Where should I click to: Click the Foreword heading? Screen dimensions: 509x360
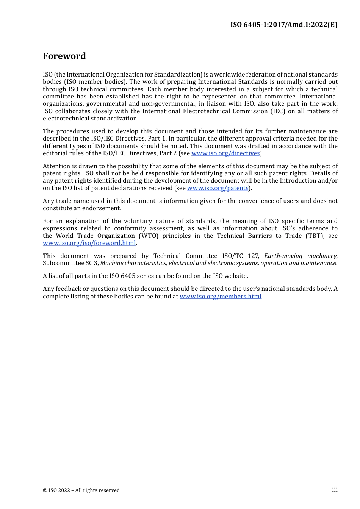[64, 56]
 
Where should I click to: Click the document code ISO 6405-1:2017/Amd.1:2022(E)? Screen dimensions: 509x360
[284, 25]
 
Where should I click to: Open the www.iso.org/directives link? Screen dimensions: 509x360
[225, 153]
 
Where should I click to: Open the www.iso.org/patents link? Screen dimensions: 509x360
[218, 188]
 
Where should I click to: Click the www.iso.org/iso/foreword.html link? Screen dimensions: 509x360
[89, 243]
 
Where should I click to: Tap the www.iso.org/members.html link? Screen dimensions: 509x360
[221, 297]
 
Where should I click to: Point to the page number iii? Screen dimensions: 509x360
[335, 490]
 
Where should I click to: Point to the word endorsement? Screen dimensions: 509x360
[102, 208]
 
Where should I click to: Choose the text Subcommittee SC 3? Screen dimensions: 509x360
[70, 263]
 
